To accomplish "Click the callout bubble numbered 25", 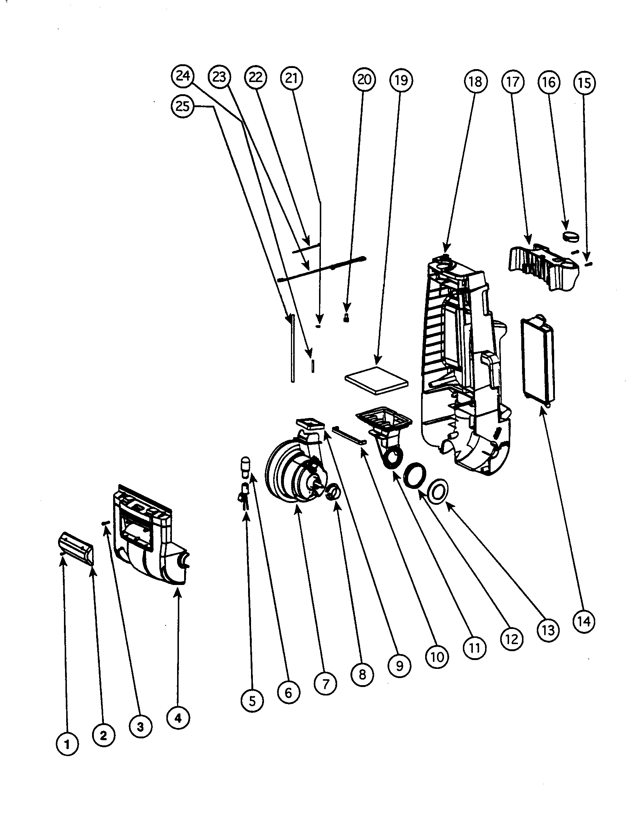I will click(182, 107).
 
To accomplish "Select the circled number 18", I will click(475, 82).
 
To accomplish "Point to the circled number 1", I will click(67, 745).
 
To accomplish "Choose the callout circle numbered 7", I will click(325, 684).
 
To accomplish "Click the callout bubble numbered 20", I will click(364, 79).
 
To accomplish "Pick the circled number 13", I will click(548, 630).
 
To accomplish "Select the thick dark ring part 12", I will click(414, 475).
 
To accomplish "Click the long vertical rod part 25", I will click(293, 348).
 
